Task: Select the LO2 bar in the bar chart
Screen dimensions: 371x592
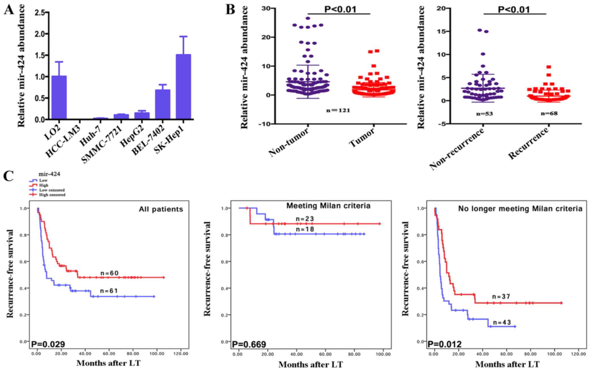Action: pyautogui.click(x=59, y=97)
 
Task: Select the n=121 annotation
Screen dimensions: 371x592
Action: pyautogui.click(x=338, y=110)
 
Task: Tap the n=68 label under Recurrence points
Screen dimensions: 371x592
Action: pyautogui.click(x=549, y=113)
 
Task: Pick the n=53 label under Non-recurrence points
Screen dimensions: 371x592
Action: pyautogui.click(x=484, y=114)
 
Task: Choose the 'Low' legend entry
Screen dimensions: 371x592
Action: pyautogui.click(x=43, y=180)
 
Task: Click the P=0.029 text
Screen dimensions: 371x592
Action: pyautogui.click(x=48, y=344)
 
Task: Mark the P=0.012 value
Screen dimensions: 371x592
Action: pyautogui.click(x=444, y=344)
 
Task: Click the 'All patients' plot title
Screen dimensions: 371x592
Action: pyautogui.click(x=161, y=209)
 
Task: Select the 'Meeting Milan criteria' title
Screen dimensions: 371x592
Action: pyautogui.click(x=328, y=206)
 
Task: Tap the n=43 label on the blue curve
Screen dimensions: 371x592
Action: pyautogui.click(x=502, y=323)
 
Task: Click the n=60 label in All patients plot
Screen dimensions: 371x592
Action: pyautogui.click(x=109, y=273)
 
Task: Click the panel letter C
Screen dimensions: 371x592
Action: pyautogui.click(x=8, y=176)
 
